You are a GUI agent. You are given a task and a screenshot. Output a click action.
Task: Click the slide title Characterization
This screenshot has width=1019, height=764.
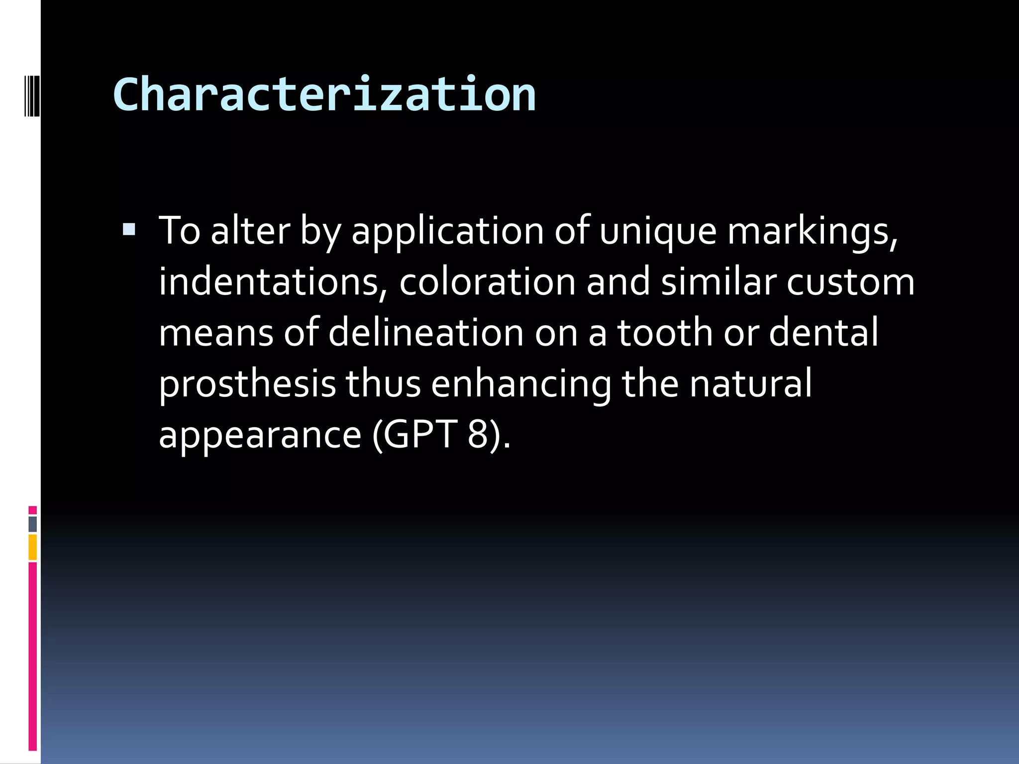[324, 95]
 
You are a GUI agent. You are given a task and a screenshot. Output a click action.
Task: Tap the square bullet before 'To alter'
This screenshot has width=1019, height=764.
[129, 229]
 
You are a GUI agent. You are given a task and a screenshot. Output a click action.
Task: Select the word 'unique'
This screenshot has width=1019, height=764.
[658, 232]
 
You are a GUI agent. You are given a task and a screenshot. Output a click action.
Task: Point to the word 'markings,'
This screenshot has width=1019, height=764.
[813, 232]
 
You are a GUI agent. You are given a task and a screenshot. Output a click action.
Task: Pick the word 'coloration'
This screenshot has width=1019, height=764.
[487, 282]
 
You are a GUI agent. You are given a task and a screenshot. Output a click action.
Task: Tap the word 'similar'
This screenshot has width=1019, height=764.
[718, 282]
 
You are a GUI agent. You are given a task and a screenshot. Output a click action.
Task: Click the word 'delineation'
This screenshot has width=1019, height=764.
[426, 333]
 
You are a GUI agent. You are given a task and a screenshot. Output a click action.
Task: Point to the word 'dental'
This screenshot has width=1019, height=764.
[824, 333]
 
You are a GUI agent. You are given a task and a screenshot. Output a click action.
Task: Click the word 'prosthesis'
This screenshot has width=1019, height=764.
[247, 384]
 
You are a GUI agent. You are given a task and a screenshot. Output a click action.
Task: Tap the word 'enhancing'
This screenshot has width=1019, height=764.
[521, 384]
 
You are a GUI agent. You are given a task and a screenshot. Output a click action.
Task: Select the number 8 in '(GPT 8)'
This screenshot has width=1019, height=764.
[477, 434]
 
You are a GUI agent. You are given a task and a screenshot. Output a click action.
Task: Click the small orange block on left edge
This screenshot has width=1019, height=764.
[33, 547]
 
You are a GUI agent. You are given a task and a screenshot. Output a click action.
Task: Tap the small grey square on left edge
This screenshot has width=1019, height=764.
[33, 524]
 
